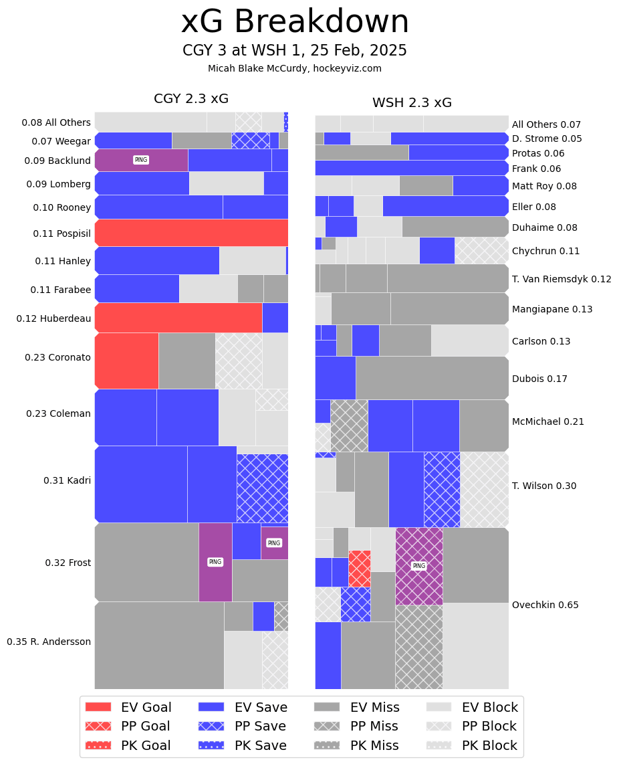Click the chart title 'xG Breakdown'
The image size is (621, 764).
pos(295,22)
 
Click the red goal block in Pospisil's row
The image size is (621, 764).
pos(191,232)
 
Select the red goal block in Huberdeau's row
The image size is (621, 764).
pos(178,318)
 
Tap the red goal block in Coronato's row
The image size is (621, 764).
pos(127,361)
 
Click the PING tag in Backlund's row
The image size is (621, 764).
pos(140,160)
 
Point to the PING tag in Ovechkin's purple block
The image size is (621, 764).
pos(418,566)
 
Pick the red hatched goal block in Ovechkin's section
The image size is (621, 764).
pos(360,568)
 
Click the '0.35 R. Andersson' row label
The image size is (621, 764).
pos(49,642)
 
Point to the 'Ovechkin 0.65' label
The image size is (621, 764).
pos(545,605)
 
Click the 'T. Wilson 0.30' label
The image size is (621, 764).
pos(544,486)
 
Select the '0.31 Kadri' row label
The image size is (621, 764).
pos(67,480)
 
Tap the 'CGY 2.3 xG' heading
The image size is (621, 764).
pos(191,99)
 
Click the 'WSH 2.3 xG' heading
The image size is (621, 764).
pos(412,103)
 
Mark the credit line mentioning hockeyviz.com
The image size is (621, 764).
pos(295,68)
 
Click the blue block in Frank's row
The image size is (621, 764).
pos(411,168)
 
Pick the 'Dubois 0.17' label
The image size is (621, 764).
pos(539,379)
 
